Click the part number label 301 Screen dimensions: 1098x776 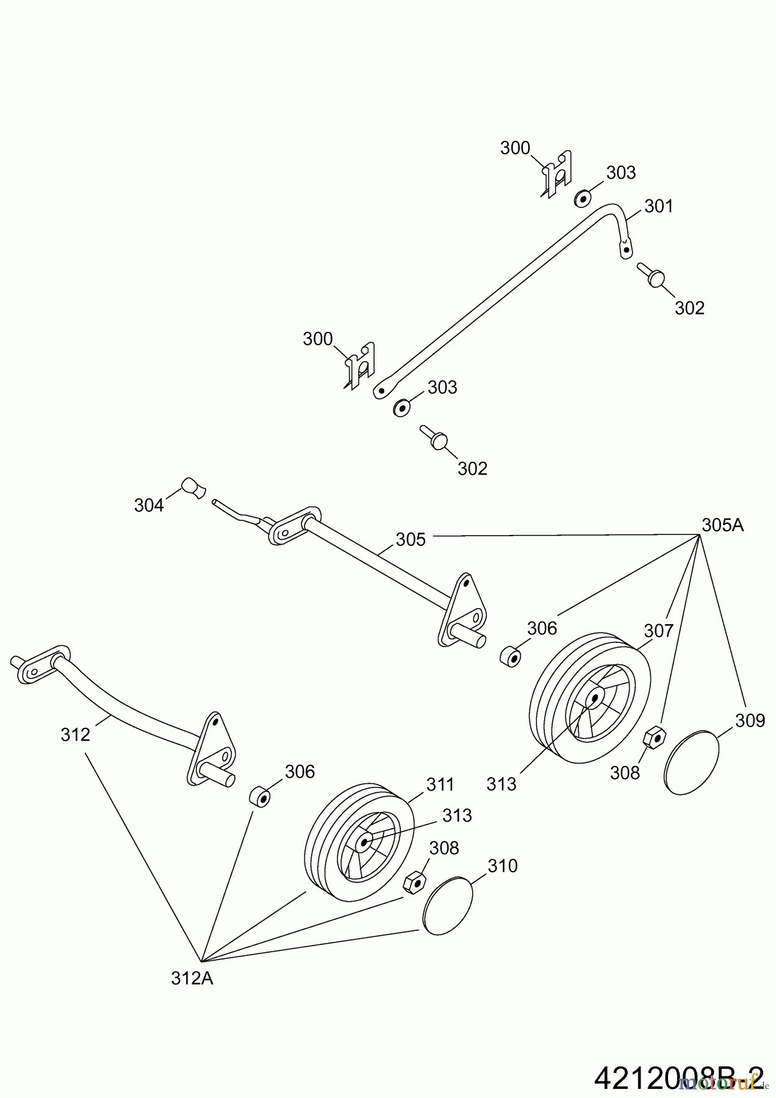(659, 207)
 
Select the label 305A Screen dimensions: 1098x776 (722, 525)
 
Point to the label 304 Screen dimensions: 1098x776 (149, 505)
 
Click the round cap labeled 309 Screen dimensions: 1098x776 (691, 761)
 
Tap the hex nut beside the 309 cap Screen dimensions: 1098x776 (655, 737)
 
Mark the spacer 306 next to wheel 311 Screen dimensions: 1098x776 (260, 796)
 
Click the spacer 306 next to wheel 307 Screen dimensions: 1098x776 (511, 657)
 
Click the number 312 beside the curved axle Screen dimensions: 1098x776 (76, 734)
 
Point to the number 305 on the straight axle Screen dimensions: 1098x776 (411, 539)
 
